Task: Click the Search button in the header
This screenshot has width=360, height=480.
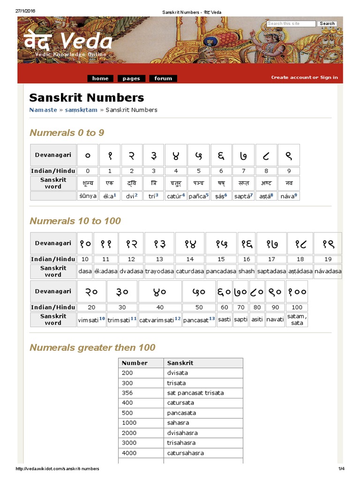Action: tap(327, 23)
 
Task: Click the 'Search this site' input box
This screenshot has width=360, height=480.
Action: tap(291, 23)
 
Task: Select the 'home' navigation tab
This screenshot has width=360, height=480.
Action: tap(100, 78)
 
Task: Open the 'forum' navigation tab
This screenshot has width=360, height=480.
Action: tap(163, 78)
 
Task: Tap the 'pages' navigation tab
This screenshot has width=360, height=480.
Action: tap(131, 78)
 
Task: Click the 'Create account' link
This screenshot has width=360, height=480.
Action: tap(291, 77)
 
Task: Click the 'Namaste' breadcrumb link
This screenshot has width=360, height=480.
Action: tap(43, 110)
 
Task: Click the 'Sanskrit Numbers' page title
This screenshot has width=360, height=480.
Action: tap(86, 97)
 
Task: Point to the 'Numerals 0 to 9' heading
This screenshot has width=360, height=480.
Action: tap(67, 133)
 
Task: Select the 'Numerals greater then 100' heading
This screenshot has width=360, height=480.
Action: tap(92, 347)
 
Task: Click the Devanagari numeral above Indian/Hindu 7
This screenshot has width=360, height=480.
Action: tap(243, 155)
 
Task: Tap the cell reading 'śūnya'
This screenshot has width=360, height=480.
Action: tap(88, 196)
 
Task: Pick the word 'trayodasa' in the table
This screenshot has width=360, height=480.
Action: tap(159, 271)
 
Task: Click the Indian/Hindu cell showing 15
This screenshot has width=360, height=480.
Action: tap(221, 259)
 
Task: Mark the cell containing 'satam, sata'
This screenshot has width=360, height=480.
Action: tap(297, 319)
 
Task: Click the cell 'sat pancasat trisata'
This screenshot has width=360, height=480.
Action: tap(195, 393)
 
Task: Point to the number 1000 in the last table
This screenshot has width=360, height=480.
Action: tap(129, 423)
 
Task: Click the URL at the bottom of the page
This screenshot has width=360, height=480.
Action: tap(57, 469)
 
